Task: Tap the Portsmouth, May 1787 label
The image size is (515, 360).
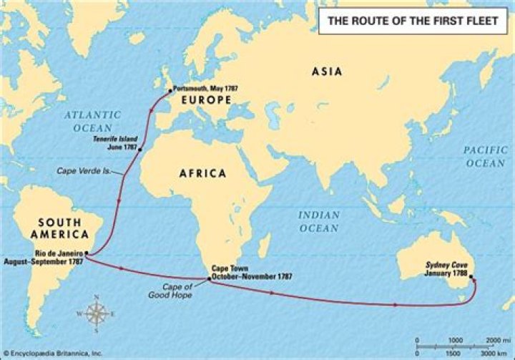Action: (205, 89)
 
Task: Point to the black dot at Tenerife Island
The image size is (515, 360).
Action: (139, 149)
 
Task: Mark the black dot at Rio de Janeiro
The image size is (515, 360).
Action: (86, 253)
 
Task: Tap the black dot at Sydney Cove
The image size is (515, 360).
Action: (471, 279)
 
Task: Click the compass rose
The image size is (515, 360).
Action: (95, 313)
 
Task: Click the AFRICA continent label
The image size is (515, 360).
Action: (202, 173)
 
